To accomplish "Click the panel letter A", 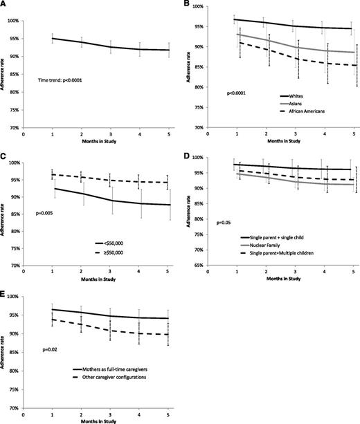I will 5,5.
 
